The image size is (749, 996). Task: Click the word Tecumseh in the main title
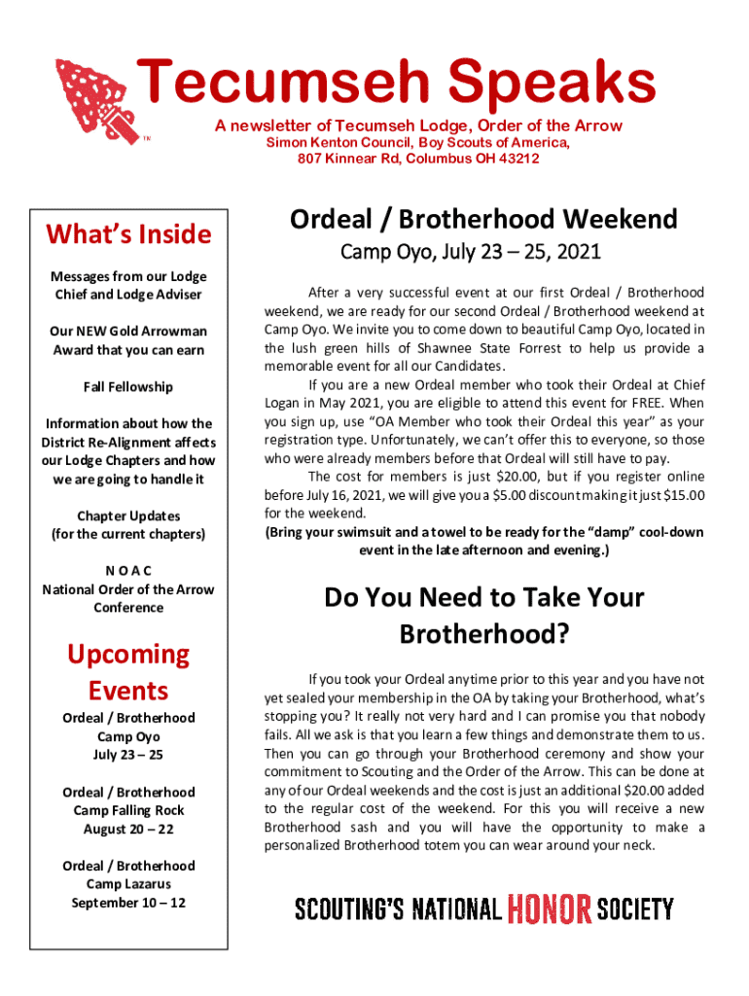(255, 84)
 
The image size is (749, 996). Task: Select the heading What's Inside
(128, 234)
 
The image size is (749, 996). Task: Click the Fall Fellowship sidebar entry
(128, 387)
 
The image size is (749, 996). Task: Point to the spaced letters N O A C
(128, 571)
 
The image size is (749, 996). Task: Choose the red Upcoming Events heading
(128, 672)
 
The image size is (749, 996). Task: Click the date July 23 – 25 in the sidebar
(128, 755)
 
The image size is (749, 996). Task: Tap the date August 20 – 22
(128, 829)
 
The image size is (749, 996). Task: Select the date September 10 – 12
(128, 903)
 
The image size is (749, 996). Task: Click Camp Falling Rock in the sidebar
(128, 810)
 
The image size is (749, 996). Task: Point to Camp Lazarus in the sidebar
(128, 884)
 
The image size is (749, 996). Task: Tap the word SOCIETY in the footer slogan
(635, 909)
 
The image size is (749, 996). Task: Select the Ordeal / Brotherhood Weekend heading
(483, 219)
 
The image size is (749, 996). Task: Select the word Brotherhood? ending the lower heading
(484, 634)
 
